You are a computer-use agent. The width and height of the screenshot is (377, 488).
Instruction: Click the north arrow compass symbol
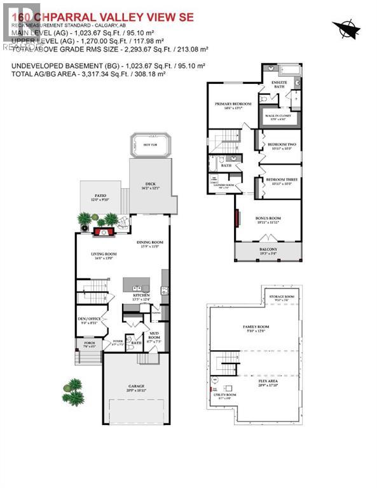pyautogui.click(x=346, y=28)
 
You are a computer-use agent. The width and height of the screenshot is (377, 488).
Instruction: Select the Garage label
pyautogui.click(x=136, y=386)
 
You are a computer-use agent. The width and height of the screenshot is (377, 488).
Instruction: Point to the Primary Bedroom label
pyautogui.click(x=233, y=104)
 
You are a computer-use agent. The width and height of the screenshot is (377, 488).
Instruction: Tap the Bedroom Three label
pyautogui.click(x=282, y=180)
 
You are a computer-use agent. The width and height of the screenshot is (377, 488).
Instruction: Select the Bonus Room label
pyautogui.click(x=268, y=219)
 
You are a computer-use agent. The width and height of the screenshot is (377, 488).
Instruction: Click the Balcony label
pyautogui.click(x=267, y=250)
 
